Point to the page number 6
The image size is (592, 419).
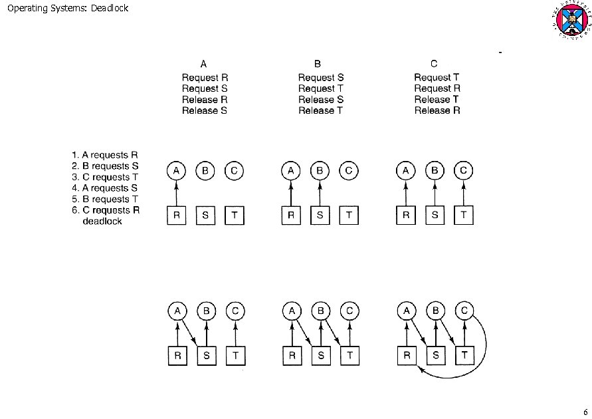pos(585,410)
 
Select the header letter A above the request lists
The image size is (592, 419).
pos(204,65)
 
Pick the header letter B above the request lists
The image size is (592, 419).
pos(318,65)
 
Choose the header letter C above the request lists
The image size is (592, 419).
pos(434,65)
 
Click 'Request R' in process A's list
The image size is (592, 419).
pos(205,78)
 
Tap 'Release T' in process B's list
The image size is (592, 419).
pos(320,110)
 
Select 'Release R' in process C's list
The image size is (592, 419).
pos(437,110)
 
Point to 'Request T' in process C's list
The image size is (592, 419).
pos(437,78)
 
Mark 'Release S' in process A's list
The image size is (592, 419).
pos(205,110)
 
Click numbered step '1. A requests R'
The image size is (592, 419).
pos(105,156)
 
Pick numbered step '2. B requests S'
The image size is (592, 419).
pos(105,166)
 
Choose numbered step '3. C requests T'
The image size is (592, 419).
pos(105,177)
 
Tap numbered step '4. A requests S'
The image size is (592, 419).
pos(105,188)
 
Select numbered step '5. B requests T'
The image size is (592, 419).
pos(105,199)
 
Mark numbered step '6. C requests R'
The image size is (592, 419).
pos(105,210)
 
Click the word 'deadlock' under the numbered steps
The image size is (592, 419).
pos(102,221)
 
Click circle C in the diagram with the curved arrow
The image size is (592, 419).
pos(464,311)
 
